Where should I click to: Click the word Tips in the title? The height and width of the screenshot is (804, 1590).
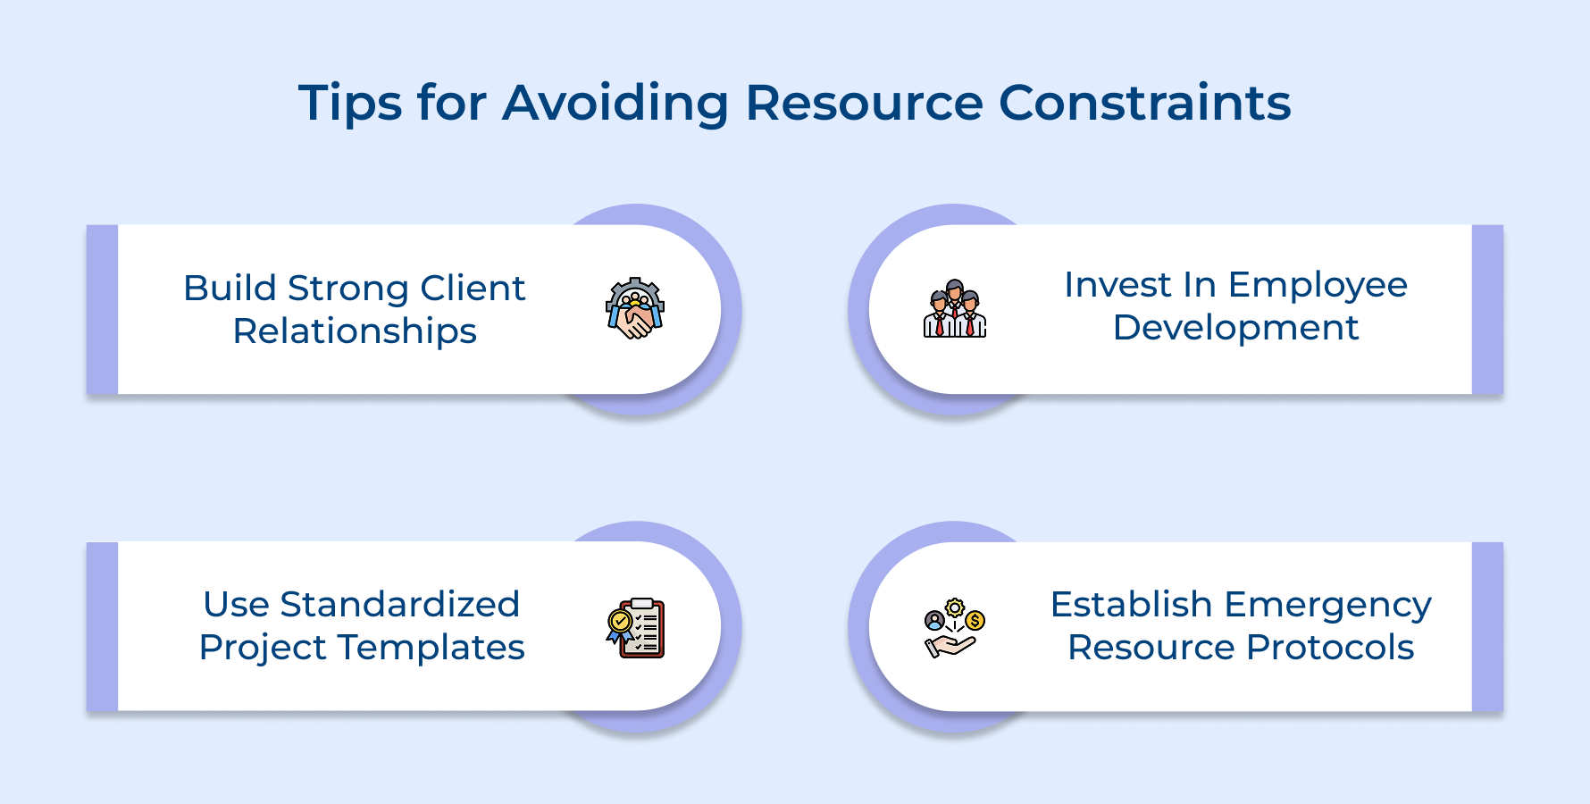click(350, 104)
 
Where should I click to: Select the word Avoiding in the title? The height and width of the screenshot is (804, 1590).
click(615, 104)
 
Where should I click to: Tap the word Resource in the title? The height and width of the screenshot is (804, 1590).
click(864, 104)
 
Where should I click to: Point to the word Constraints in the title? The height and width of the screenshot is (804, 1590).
click(1144, 104)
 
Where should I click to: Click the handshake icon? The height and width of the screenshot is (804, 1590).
click(635, 309)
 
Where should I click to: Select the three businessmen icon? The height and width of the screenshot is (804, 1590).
click(954, 309)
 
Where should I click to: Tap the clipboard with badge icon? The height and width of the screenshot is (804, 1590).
click(635, 628)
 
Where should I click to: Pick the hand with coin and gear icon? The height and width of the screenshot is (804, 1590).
click(954, 628)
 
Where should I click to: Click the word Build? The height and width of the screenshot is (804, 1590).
click(230, 289)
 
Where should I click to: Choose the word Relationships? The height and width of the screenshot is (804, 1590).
click(355, 331)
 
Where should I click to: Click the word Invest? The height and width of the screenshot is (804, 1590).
click(1117, 285)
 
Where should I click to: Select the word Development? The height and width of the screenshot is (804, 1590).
click(1235, 329)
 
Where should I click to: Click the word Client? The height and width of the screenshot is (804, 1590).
click(473, 289)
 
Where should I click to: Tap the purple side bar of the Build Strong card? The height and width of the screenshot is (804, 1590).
click(102, 309)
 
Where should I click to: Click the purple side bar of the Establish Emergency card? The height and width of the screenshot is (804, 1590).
click(1487, 626)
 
